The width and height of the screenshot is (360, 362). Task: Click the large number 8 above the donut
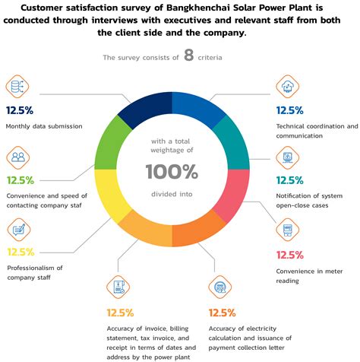click(188, 57)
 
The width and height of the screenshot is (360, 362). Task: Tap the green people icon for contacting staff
click(18, 158)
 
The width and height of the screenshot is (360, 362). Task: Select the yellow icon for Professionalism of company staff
click(18, 229)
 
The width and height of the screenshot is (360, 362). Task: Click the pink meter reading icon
click(288, 230)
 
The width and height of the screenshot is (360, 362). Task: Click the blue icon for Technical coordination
click(288, 87)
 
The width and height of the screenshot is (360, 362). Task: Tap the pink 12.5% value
click(289, 254)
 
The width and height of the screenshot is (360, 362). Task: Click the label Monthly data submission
click(43, 126)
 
